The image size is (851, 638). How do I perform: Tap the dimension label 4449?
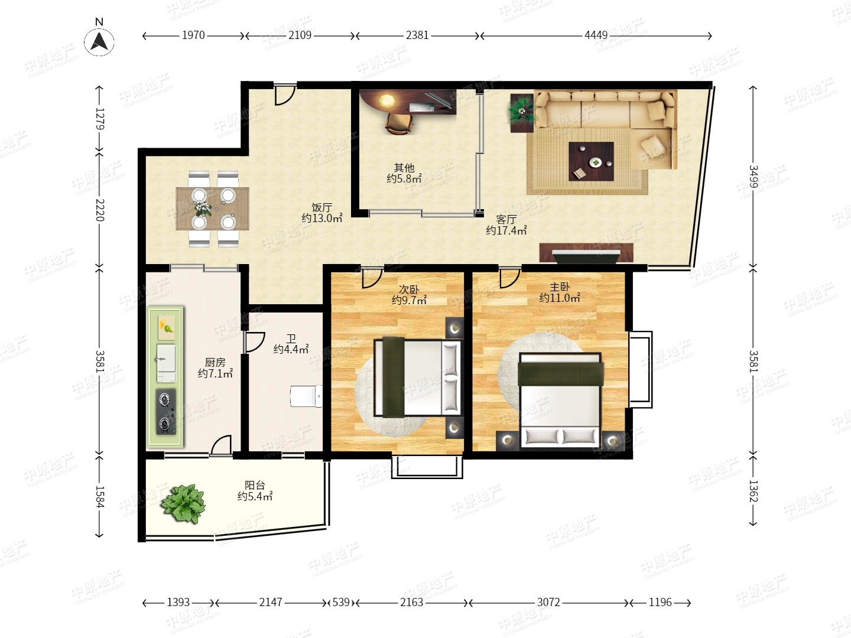click(x=596, y=35)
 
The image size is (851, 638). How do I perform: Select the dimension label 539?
click(x=341, y=603)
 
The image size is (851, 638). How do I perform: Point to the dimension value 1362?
click(x=752, y=491)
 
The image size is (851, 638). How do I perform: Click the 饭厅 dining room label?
click(x=322, y=207)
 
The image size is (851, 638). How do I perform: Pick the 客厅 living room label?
click(x=506, y=220)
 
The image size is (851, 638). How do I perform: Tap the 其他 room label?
click(x=404, y=168)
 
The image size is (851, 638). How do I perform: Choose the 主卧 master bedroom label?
click(x=560, y=287)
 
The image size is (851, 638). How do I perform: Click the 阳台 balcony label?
click(x=255, y=485)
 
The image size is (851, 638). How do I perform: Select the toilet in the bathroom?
click(x=306, y=396)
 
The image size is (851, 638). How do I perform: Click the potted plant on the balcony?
click(x=183, y=503)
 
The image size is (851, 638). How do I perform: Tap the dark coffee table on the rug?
click(x=591, y=161)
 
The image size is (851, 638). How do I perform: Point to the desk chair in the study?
click(x=398, y=123)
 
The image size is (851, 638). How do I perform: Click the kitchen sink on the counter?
click(x=166, y=363)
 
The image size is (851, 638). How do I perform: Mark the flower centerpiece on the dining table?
click(x=202, y=209)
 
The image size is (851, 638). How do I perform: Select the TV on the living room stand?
click(x=586, y=256)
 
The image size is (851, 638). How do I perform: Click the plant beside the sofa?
click(x=521, y=111)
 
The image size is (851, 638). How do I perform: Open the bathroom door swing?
click(x=254, y=343)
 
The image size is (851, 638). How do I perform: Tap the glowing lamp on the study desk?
click(x=386, y=100)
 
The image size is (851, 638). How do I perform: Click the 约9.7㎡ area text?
click(x=409, y=300)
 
